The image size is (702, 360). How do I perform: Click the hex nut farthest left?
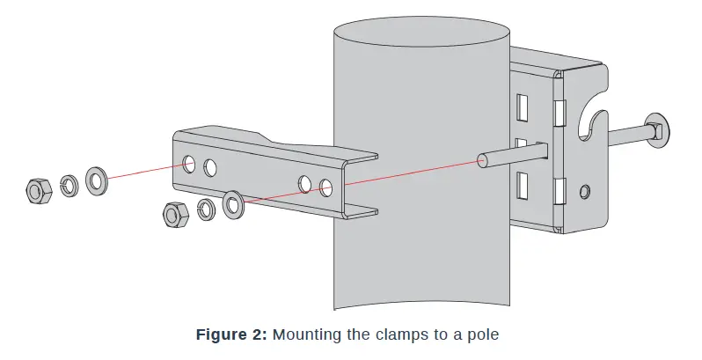[x=37, y=189]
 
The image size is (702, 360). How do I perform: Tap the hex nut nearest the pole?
[x=174, y=214]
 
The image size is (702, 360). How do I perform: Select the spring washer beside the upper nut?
[x=68, y=186]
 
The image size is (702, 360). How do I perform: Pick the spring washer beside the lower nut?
[x=207, y=209]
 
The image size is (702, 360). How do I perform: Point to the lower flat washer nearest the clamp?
[x=234, y=204]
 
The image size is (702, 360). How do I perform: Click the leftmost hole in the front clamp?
[x=189, y=163]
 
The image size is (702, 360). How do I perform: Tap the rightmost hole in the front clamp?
[x=326, y=187]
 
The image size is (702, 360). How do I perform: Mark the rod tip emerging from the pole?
[x=482, y=160]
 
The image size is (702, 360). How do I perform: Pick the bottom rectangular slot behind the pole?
[x=523, y=185]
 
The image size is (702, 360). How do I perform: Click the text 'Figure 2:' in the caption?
[x=231, y=334]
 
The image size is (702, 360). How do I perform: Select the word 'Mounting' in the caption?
[x=303, y=334]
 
